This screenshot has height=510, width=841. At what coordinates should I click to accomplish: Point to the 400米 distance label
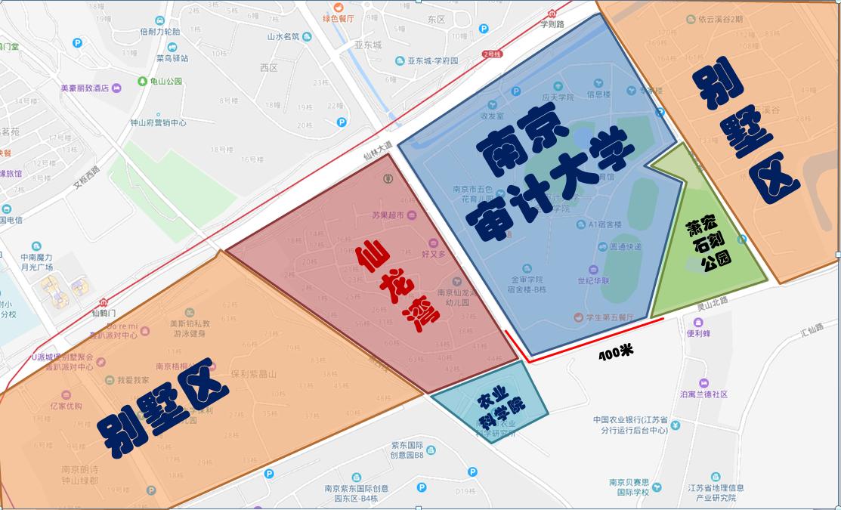[x=615, y=354]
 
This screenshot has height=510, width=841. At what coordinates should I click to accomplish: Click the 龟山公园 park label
[x=165, y=81]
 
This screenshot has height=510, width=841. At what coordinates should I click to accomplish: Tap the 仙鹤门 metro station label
[x=105, y=312]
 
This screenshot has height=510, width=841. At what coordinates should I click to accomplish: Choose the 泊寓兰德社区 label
[x=703, y=394]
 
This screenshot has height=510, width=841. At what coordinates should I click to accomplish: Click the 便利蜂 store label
[x=699, y=333]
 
